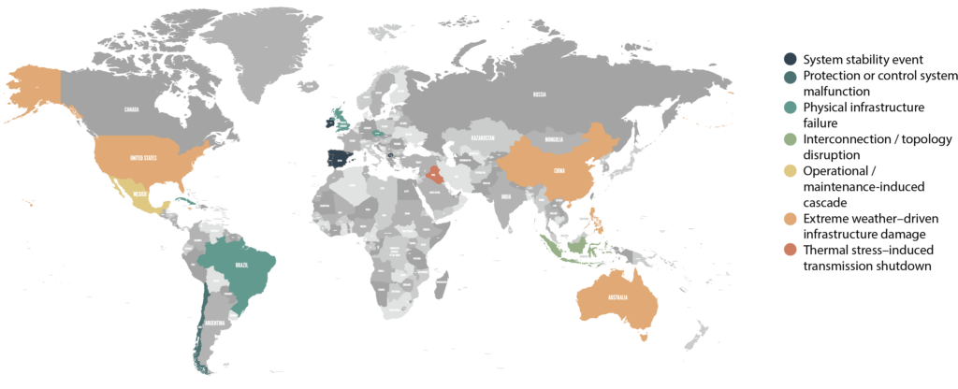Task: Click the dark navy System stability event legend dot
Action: pyautogui.click(x=791, y=60)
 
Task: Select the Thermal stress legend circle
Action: pyautogui.click(x=791, y=250)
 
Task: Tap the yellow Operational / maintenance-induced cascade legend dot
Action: pyautogui.click(x=791, y=171)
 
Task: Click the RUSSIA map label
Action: pyautogui.click(x=539, y=94)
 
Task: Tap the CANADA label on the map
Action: pyautogui.click(x=132, y=109)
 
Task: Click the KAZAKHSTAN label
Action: pyautogui.click(x=483, y=137)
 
